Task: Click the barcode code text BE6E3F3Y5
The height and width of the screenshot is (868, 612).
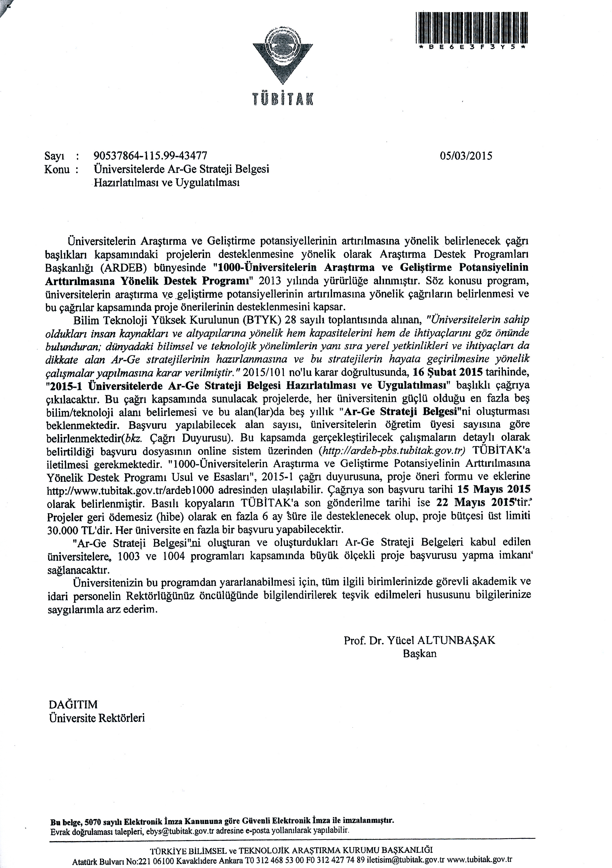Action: tap(471, 48)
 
